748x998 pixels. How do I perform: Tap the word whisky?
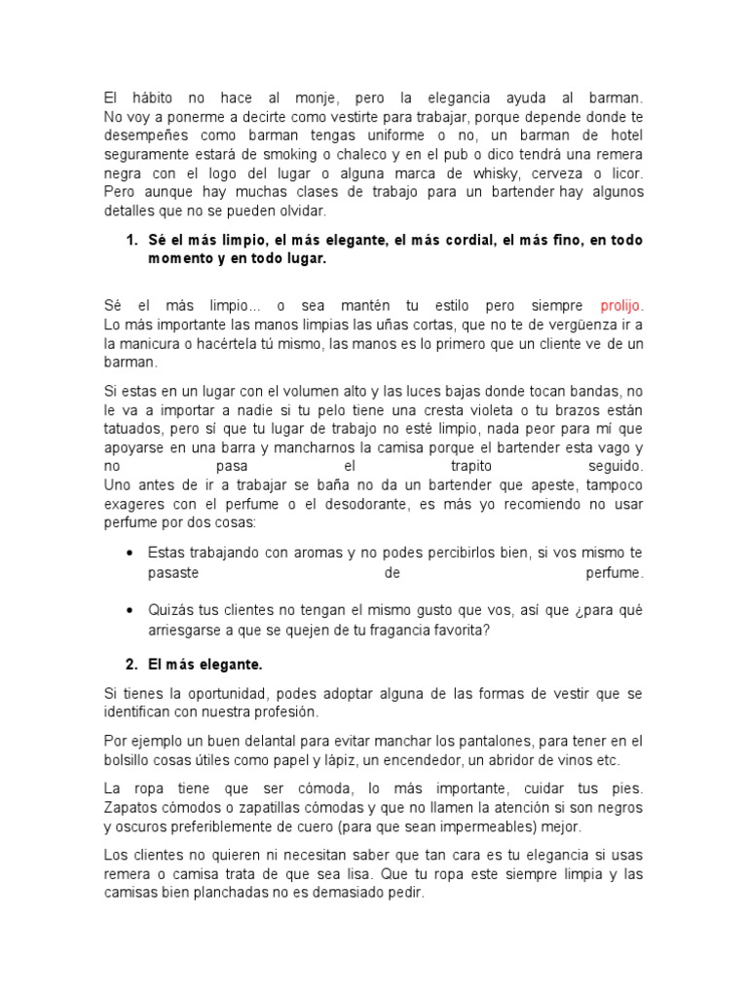455,173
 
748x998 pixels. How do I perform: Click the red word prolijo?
621,304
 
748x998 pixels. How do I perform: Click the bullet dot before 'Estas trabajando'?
131,553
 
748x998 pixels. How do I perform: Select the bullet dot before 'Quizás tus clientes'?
131,610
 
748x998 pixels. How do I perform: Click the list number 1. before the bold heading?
131,239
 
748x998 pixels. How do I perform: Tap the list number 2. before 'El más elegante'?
131,665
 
